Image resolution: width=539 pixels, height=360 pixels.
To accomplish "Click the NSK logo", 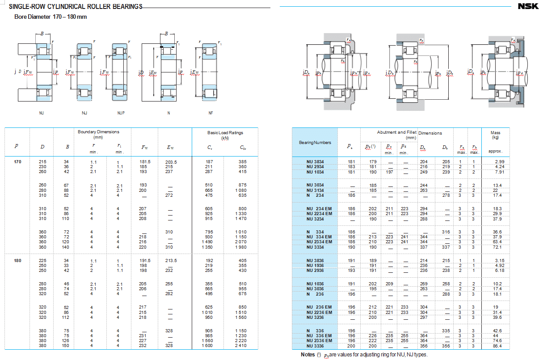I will tap(527, 6).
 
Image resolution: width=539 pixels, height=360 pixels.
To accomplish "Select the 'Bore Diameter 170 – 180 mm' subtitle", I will tap(51, 17).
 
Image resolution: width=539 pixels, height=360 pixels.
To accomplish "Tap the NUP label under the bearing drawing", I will tap(121, 113).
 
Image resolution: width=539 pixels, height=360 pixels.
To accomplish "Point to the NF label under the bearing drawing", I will tap(211, 113).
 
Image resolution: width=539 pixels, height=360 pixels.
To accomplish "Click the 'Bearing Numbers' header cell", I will tap(315, 143).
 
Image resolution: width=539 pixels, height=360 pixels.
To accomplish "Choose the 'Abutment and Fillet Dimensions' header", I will tap(409, 133).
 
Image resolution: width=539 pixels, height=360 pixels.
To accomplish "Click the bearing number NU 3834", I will tap(315, 161).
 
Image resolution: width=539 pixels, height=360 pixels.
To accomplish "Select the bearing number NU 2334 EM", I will tap(319, 242).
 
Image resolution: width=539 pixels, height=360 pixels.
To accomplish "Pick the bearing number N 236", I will tap(315, 294).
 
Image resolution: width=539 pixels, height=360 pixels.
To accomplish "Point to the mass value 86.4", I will tap(497, 346).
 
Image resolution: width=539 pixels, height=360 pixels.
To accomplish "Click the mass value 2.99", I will tap(499, 161).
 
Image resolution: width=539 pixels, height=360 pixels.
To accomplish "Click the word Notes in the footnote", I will tap(307, 355).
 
